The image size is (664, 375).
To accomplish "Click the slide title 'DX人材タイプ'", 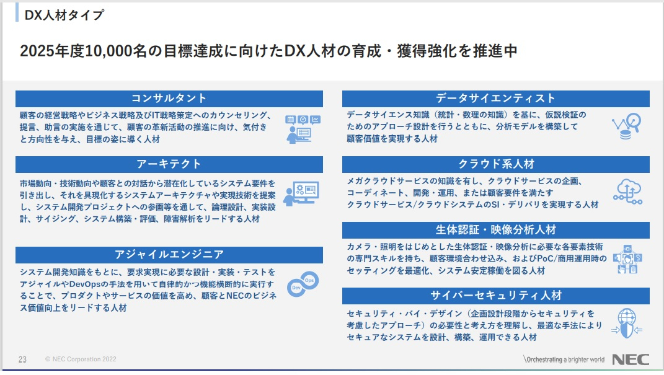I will pos(64,15).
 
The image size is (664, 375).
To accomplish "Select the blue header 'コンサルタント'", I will pos(169,99).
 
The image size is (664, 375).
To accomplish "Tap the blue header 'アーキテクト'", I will pos(169,164).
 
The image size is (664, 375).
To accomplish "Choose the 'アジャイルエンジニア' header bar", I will pos(169,255).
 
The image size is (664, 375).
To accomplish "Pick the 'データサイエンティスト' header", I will pos(495,99).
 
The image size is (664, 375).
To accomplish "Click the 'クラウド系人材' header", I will pos(495,164).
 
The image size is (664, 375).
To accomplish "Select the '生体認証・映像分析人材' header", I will pos(495,230).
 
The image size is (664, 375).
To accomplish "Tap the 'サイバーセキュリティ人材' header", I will pos(495,295).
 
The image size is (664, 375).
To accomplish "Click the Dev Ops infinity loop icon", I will pos(303,285).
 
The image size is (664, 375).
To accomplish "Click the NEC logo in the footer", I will pos(631,360).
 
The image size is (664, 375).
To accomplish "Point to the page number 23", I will pos(22,360).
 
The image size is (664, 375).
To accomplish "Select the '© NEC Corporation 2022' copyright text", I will pos(81,360).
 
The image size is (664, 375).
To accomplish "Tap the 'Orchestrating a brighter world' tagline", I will pos(564,360).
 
